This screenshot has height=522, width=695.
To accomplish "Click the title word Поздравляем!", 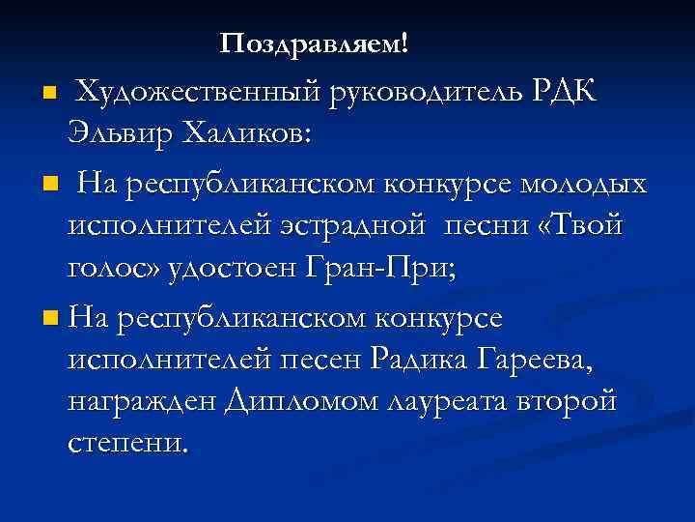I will (x=315, y=43).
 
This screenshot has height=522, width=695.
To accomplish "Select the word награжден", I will (x=142, y=403).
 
